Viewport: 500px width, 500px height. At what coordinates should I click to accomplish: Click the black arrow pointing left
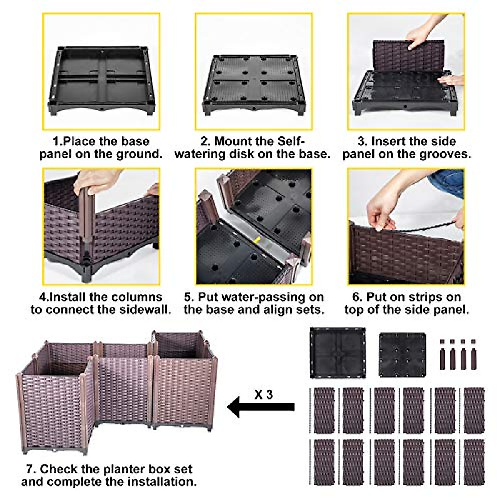260,407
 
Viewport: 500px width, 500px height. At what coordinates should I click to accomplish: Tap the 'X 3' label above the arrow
263,394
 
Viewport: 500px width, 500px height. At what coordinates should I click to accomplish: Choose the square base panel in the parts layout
337,352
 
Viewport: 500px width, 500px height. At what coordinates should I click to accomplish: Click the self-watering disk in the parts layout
402,353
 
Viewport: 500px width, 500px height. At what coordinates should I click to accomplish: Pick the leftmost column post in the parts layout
443,355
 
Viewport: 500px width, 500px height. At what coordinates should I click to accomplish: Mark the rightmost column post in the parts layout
473,355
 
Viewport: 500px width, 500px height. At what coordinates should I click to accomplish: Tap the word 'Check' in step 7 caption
59,469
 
